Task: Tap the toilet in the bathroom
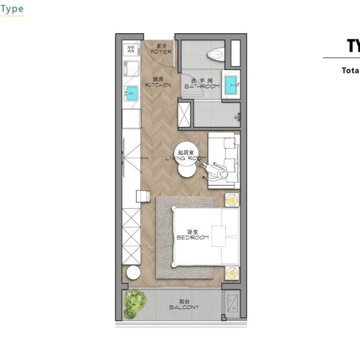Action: coord(216,53)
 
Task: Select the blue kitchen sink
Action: coord(131,91)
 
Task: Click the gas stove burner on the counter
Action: coord(131,51)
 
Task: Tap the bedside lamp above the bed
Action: coord(232,200)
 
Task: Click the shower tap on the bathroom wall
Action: coord(237,115)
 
